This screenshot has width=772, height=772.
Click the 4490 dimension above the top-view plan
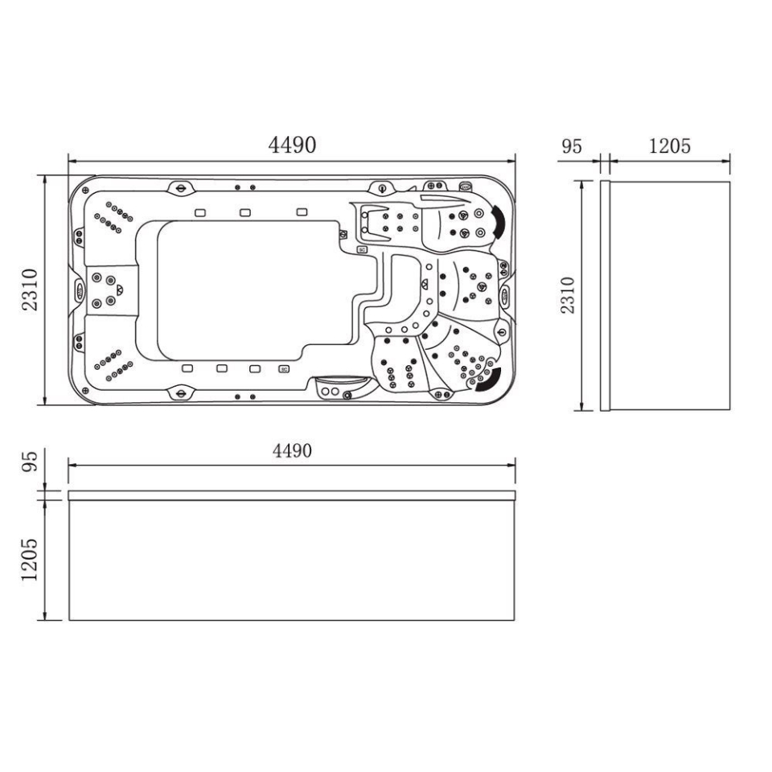pos(292,145)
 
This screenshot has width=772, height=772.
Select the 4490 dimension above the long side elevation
pos(292,450)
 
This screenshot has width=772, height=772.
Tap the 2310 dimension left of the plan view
pos(30,289)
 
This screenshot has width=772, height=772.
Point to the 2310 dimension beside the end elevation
pos(568,295)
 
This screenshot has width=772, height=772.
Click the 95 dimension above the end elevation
pos(572,146)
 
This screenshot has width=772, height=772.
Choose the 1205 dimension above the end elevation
pos(670,146)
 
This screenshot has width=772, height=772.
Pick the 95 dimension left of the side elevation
pos(30,462)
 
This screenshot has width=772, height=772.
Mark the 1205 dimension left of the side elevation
pos(30,560)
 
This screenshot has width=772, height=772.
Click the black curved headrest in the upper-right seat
pos(498,222)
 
